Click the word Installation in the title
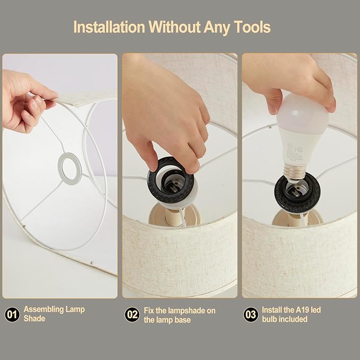click(x=109, y=27)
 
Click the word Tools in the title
click(x=252, y=27)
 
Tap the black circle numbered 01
click(x=12, y=314)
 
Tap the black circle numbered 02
click(x=132, y=314)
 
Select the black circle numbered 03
click(x=251, y=314)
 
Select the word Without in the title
click(x=174, y=27)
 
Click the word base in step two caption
click(x=182, y=320)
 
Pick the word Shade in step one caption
click(x=34, y=319)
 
